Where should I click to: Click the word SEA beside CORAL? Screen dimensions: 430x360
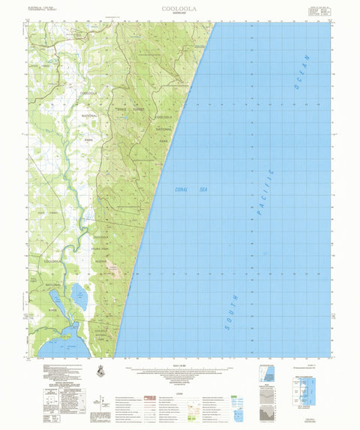(x=202, y=191)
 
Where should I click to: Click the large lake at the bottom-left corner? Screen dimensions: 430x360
(x=56, y=347)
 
